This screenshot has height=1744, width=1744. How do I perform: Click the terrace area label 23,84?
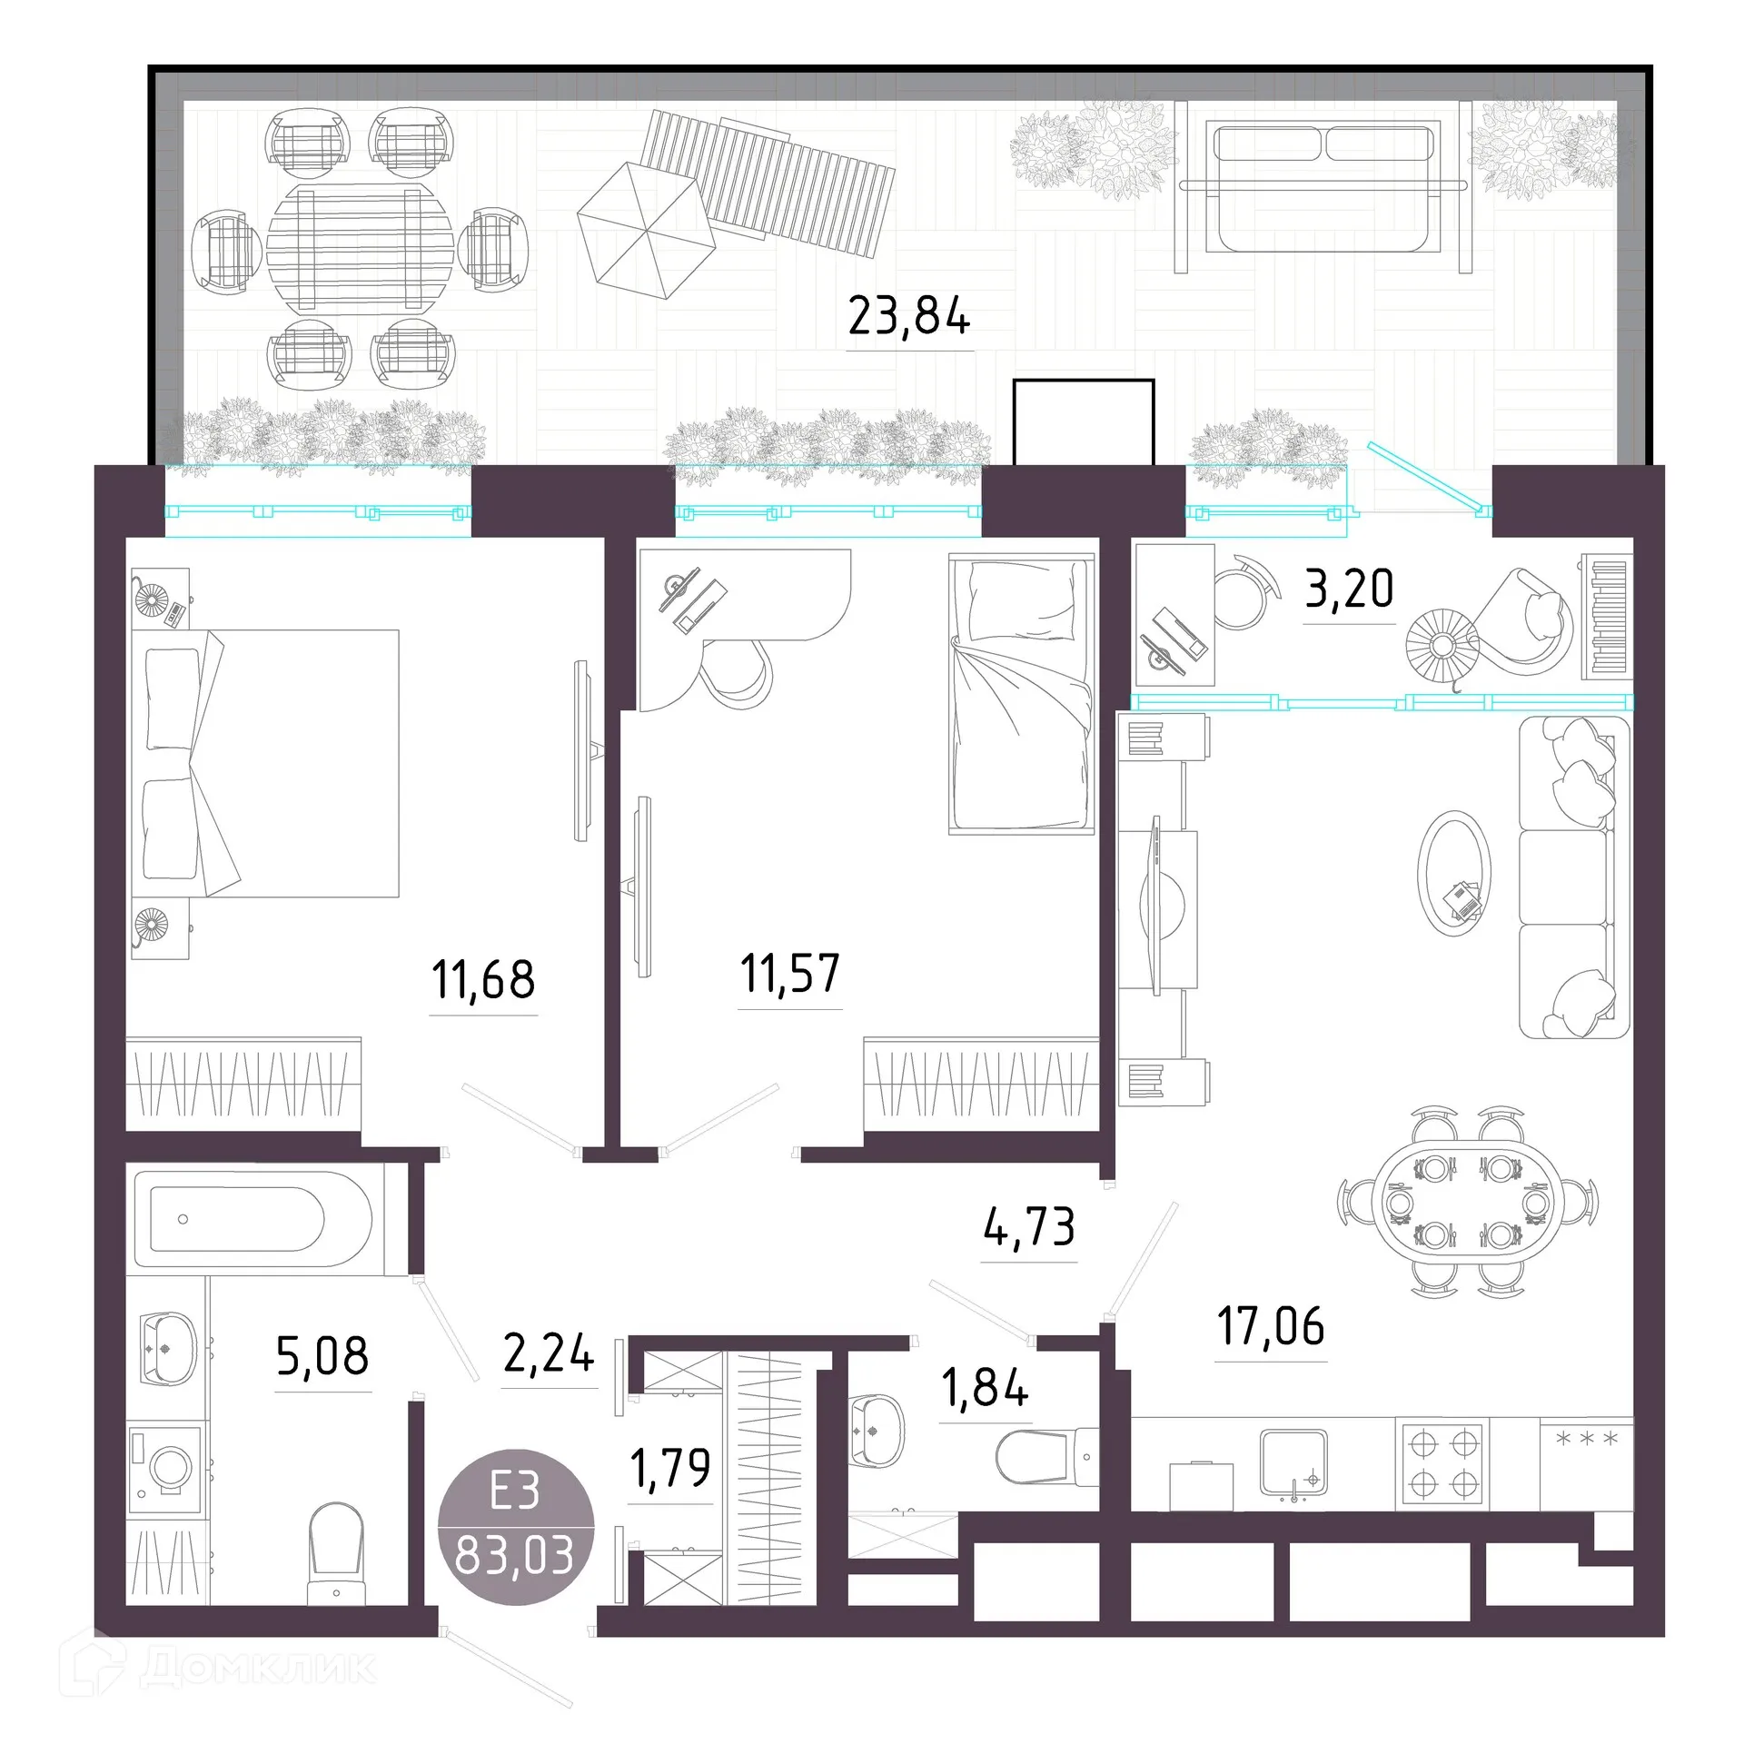[909, 317]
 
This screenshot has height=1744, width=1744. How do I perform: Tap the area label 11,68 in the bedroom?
[483, 980]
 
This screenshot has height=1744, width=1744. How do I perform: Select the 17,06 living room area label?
[1271, 1326]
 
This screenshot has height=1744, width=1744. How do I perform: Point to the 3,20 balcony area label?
[1349, 589]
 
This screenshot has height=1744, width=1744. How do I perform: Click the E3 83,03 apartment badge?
[516, 1527]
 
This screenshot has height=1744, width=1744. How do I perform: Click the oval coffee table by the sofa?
[1454, 873]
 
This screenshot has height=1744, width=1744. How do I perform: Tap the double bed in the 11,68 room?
[267, 763]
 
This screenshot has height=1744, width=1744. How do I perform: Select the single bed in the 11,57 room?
[1021, 695]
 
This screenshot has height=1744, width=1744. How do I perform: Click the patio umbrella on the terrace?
[647, 230]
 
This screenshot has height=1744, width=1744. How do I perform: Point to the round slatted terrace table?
[361, 248]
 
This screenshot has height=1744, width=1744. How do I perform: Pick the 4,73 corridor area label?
[1030, 1227]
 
